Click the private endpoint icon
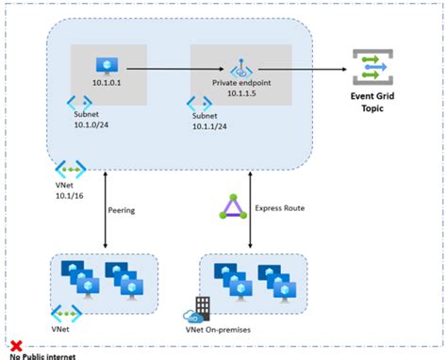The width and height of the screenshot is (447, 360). [242, 68]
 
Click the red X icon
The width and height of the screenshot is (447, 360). [16, 346]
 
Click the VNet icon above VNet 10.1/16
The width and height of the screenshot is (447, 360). [72, 170]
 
